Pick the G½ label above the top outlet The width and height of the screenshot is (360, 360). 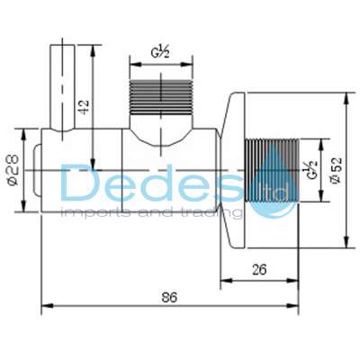pyautogui.click(x=162, y=53)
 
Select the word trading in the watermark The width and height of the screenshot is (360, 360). pyautogui.click(x=213, y=214)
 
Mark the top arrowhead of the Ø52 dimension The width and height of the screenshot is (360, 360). pyautogui.click(x=345, y=93)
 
